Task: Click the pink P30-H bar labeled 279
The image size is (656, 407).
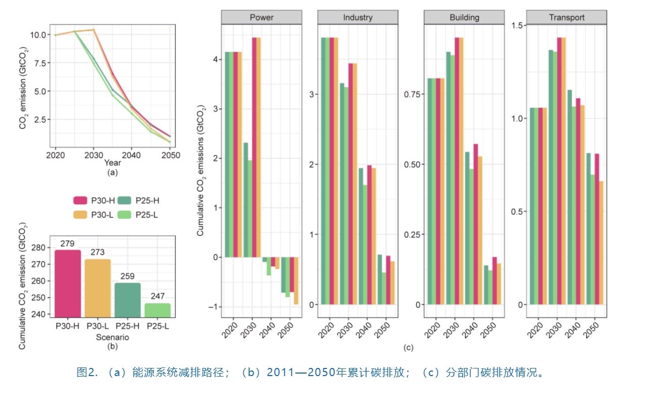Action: [67, 284]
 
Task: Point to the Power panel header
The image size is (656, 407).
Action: [261, 17]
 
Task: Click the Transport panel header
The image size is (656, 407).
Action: [566, 17]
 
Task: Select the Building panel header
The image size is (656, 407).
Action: [464, 17]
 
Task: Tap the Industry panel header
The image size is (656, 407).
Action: [357, 17]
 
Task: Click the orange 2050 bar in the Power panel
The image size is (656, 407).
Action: [296, 281]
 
